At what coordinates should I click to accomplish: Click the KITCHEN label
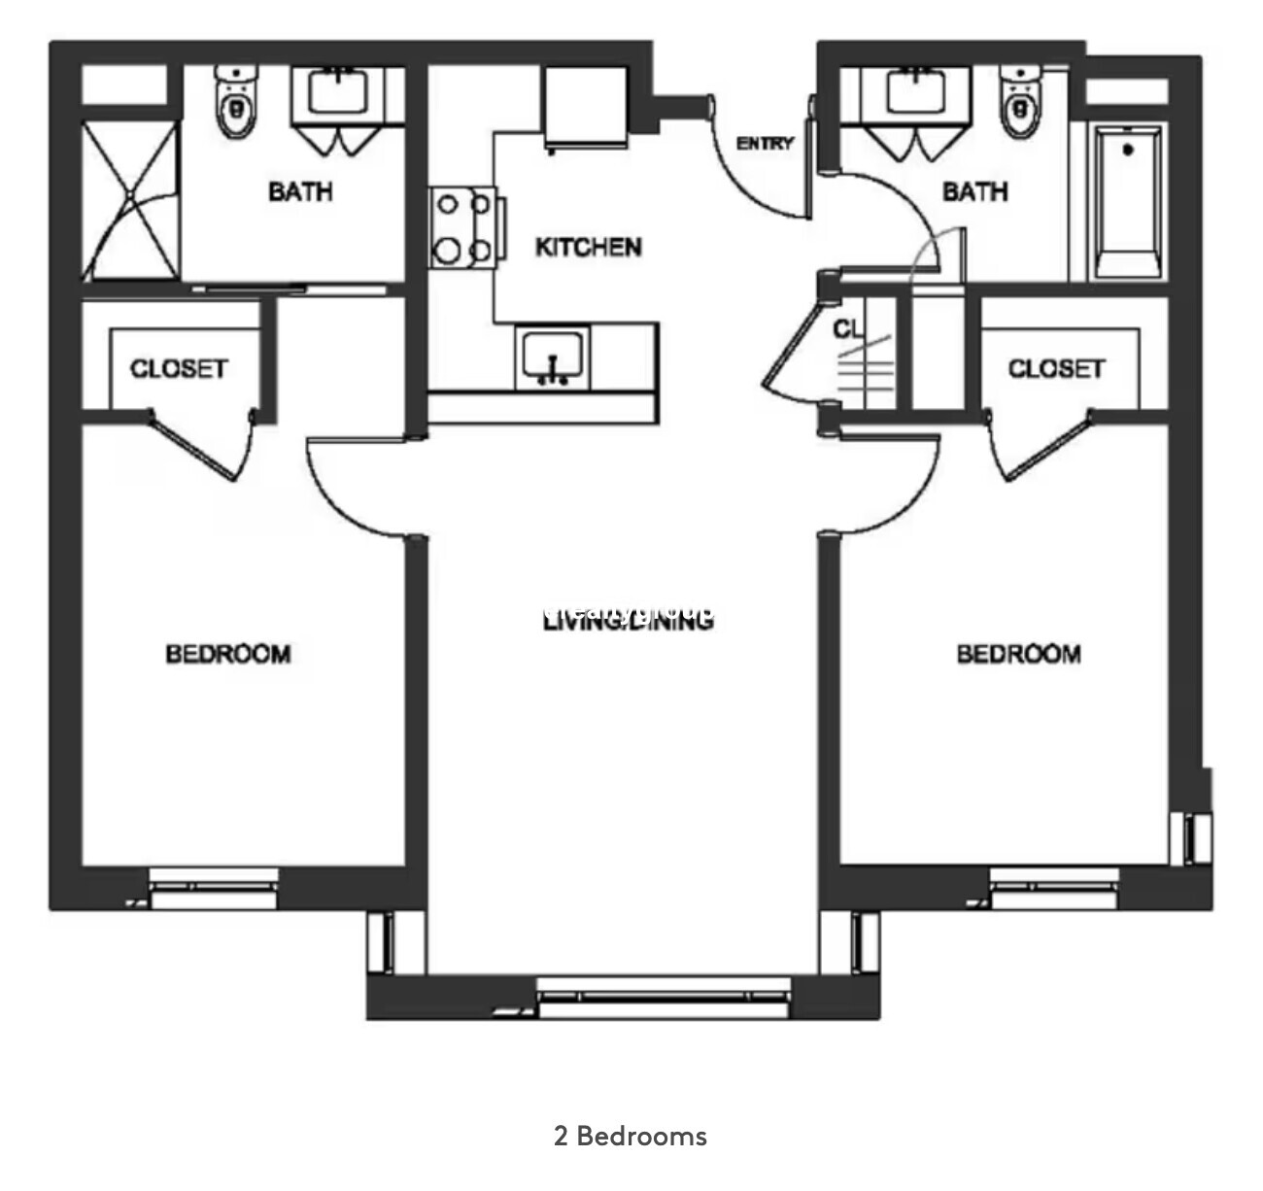589,247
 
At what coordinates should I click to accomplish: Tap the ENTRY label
765,144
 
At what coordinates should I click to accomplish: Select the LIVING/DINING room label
628,619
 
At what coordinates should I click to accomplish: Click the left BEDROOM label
228,654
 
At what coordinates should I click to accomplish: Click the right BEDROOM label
1018,654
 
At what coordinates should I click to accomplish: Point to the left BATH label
300,191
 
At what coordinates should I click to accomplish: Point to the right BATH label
974,191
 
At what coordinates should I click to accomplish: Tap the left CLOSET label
179,369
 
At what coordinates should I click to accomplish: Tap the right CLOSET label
1056,369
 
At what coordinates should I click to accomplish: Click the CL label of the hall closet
847,329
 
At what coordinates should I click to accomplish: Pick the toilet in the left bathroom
234,103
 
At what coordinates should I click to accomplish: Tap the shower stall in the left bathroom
130,199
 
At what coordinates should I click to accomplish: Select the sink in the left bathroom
339,94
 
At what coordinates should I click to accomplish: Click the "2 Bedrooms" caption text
631,1136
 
